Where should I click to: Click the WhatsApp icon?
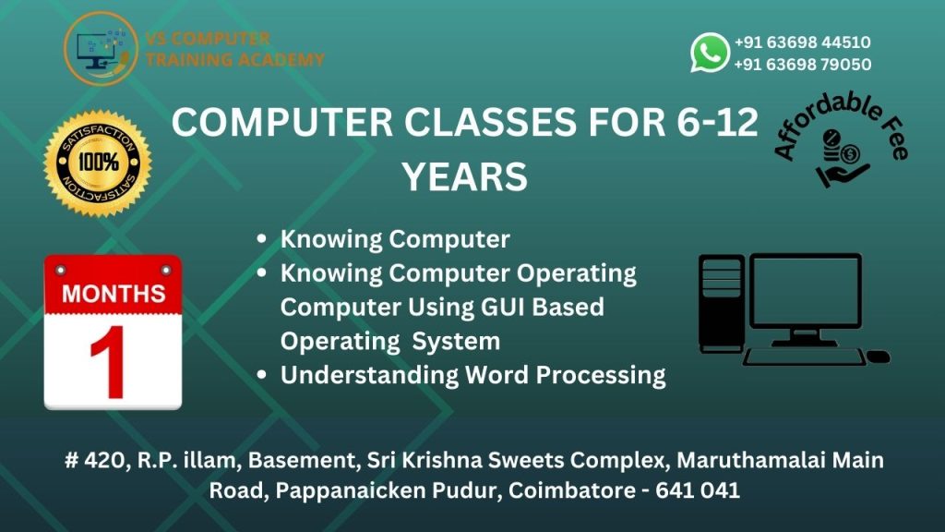coord(710,53)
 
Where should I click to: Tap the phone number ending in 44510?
coord(802,42)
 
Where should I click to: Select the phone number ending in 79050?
coord(802,64)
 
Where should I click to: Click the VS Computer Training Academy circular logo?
coord(101,48)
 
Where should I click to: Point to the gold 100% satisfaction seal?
coord(98,163)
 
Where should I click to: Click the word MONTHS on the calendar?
coord(114,294)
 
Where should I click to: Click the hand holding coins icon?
coord(843,158)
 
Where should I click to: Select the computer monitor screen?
coord(805,292)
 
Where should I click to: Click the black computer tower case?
coord(722,303)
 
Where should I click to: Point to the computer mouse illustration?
coord(879,357)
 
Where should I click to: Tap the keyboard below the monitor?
coord(804,357)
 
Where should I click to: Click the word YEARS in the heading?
coord(465,176)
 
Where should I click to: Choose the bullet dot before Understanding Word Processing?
coord(261,375)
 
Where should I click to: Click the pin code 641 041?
coord(698,490)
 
